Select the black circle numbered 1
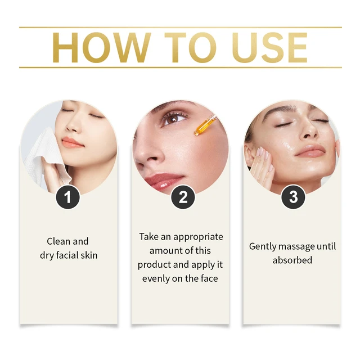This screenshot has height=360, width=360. [67, 197]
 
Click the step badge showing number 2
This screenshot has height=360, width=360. [183, 197]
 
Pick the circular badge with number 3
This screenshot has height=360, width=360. [294, 197]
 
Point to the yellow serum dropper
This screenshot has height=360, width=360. [205, 125]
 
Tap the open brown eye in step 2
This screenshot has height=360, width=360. [174, 119]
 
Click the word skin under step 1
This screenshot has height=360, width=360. [89, 255]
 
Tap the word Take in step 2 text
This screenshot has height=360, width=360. [148, 237]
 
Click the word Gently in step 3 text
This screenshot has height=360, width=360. [262, 247]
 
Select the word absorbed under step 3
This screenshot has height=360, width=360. [292, 260]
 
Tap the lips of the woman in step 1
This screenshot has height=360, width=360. [72, 142]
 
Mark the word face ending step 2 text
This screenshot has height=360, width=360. [209, 278]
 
